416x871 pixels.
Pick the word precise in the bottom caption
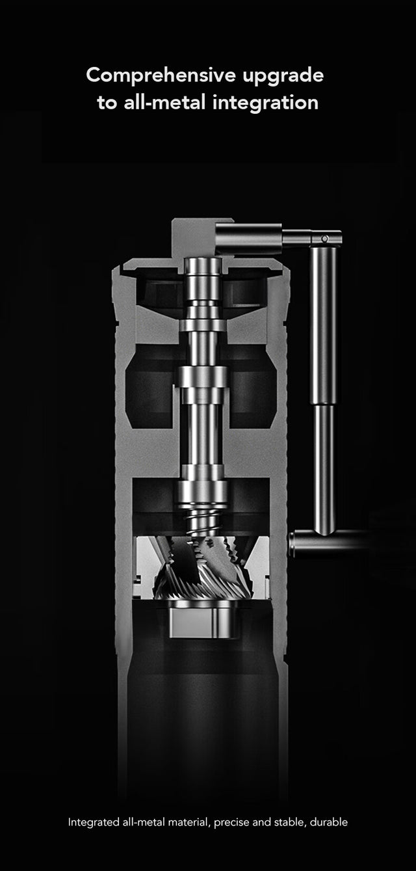pos(231,822)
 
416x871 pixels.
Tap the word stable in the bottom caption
pos(288,822)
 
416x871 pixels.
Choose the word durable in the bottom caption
pos(329,822)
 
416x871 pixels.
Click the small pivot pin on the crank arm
pos(324,239)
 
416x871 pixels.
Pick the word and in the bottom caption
pos(261,822)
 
